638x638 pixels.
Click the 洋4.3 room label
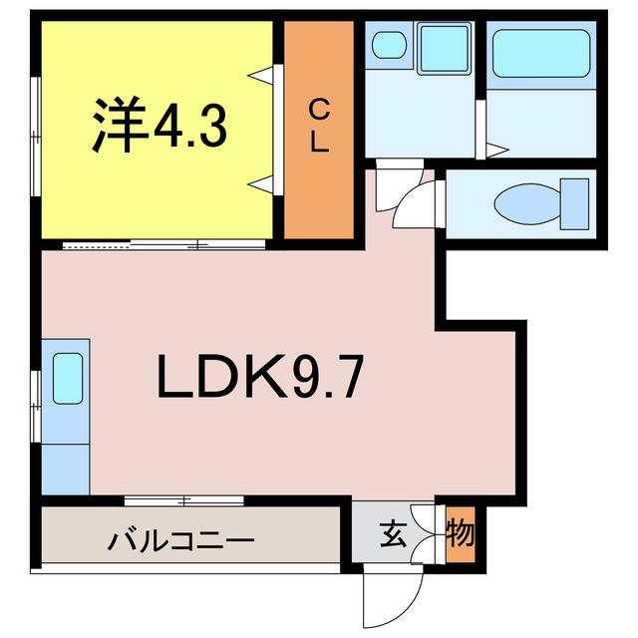[x=159, y=124]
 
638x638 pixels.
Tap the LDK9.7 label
[x=259, y=377]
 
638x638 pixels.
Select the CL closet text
[x=319, y=127]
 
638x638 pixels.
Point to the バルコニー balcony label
[x=180, y=541]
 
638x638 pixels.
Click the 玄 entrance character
[x=393, y=534]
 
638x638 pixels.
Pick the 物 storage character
[x=461, y=534]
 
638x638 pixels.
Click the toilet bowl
[x=527, y=203]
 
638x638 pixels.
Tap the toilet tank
[x=574, y=203]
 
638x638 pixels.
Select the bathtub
[x=541, y=53]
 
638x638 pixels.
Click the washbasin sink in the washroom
[x=389, y=45]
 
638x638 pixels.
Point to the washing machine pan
[x=444, y=48]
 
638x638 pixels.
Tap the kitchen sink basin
[x=68, y=379]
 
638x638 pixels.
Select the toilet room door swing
[x=413, y=201]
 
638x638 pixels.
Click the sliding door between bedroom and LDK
[x=164, y=244]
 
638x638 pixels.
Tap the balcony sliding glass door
[x=183, y=500]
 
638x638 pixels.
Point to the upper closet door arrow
[x=260, y=76]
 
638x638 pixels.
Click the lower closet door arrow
[x=260, y=183]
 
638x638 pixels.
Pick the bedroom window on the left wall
[x=36, y=137]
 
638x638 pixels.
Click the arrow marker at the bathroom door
[x=497, y=151]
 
